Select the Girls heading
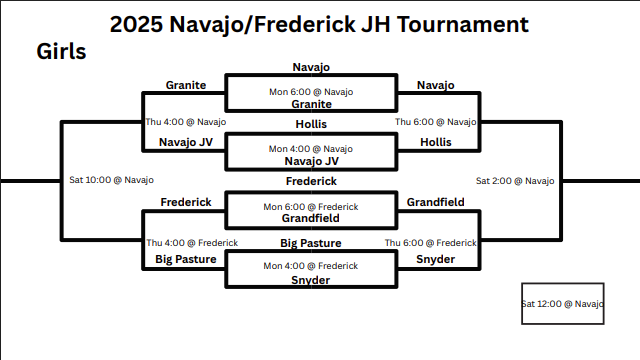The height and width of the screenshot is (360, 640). [x=61, y=51]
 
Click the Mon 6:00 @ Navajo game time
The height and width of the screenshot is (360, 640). [x=311, y=92]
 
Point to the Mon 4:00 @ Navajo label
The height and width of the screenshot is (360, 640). [x=311, y=149]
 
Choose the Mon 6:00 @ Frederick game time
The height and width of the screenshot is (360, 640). [x=311, y=207]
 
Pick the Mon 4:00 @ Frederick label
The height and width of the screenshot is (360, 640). [x=311, y=266]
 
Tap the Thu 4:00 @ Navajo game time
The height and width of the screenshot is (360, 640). [x=186, y=122]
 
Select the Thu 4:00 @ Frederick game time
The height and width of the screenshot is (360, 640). [x=192, y=242]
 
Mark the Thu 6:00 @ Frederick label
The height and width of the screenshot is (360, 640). [x=431, y=242]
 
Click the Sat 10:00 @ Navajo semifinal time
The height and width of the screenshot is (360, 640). [x=111, y=181]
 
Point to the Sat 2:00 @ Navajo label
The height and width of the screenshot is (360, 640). [x=514, y=181]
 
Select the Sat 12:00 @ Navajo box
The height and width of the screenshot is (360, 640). [x=563, y=303]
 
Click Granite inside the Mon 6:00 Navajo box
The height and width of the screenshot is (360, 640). [x=311, y=104]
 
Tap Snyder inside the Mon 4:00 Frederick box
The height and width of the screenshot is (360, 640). [x=311, y=280]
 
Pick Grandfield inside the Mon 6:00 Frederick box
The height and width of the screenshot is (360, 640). [x=311, y=218]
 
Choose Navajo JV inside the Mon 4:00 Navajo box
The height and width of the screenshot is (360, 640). [x=311, y=161]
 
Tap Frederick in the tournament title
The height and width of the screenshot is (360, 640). [x=290, y=24]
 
